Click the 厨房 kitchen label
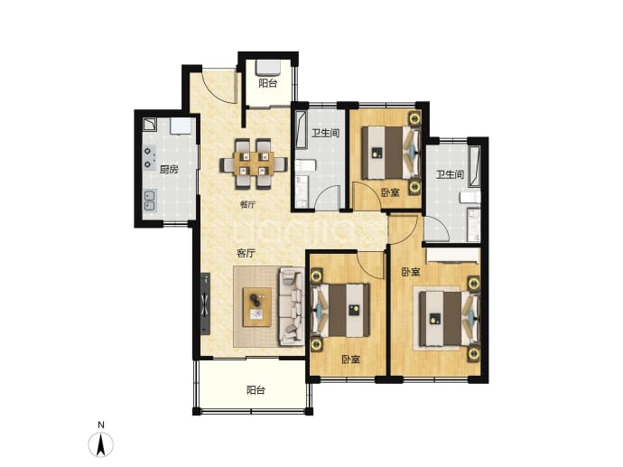coord(169,170)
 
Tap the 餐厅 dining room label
coord(247,205)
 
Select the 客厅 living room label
coord(246,253)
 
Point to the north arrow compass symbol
coord(101,444)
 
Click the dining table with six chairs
coord(254,163)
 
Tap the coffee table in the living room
coord(257,307)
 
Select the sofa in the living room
coord(292,306)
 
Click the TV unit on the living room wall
coord(205,304)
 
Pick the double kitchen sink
coord(150,201)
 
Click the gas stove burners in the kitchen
coord(149,157)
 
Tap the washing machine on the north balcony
coord(268,68)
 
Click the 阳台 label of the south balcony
coord(256,390)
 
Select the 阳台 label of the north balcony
coord(268,83)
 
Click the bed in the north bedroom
coord(391,153)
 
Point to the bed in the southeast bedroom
coord(450,318)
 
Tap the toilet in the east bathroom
coord(470,197)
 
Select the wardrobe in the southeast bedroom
coord(452,256)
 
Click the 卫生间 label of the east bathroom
coord(450,174)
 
